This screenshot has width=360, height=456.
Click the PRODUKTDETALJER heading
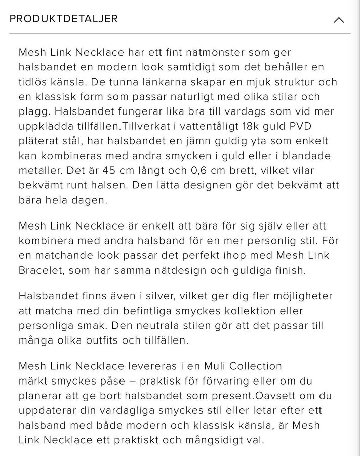point(64,19)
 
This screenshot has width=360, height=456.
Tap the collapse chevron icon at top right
point(339,20)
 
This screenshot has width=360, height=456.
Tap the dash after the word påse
point(134,380)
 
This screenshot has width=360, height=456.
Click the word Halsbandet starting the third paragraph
point(43,295)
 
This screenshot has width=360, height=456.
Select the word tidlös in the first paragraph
point(34,82)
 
